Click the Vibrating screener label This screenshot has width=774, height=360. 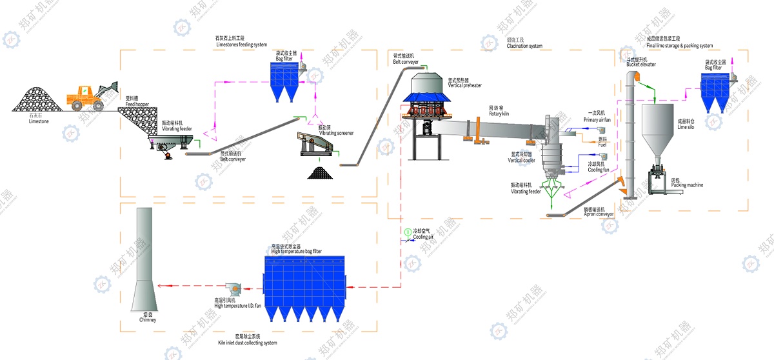click(336, 133)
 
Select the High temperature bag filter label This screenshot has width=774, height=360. click(296, 251)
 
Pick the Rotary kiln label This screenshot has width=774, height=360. click(499, 114)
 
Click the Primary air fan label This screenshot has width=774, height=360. click(597, 120)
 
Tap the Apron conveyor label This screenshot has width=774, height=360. click(599, 214)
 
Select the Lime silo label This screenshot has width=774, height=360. click(687, 125)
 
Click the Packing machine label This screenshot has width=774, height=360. click(687, 185)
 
